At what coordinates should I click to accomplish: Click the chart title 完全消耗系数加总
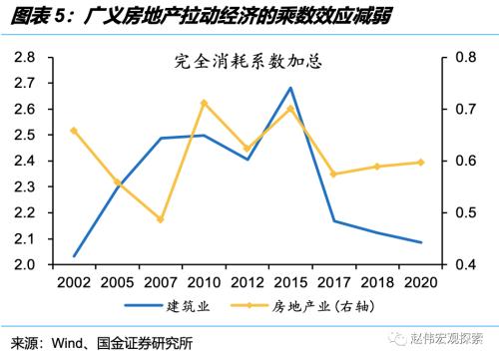tap(248, 62)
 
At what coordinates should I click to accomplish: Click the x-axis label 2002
tap(75, 281)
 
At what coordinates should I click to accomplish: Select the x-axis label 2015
tap(289, 281)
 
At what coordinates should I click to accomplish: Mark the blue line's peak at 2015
tap(289, 88)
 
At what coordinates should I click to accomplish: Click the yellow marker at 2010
tap(204, 103)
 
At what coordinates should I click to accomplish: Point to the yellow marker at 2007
tap(161, 219)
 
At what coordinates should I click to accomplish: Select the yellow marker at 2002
tap(75, 131)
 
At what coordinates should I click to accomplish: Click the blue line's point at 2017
tap(332, 221)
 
